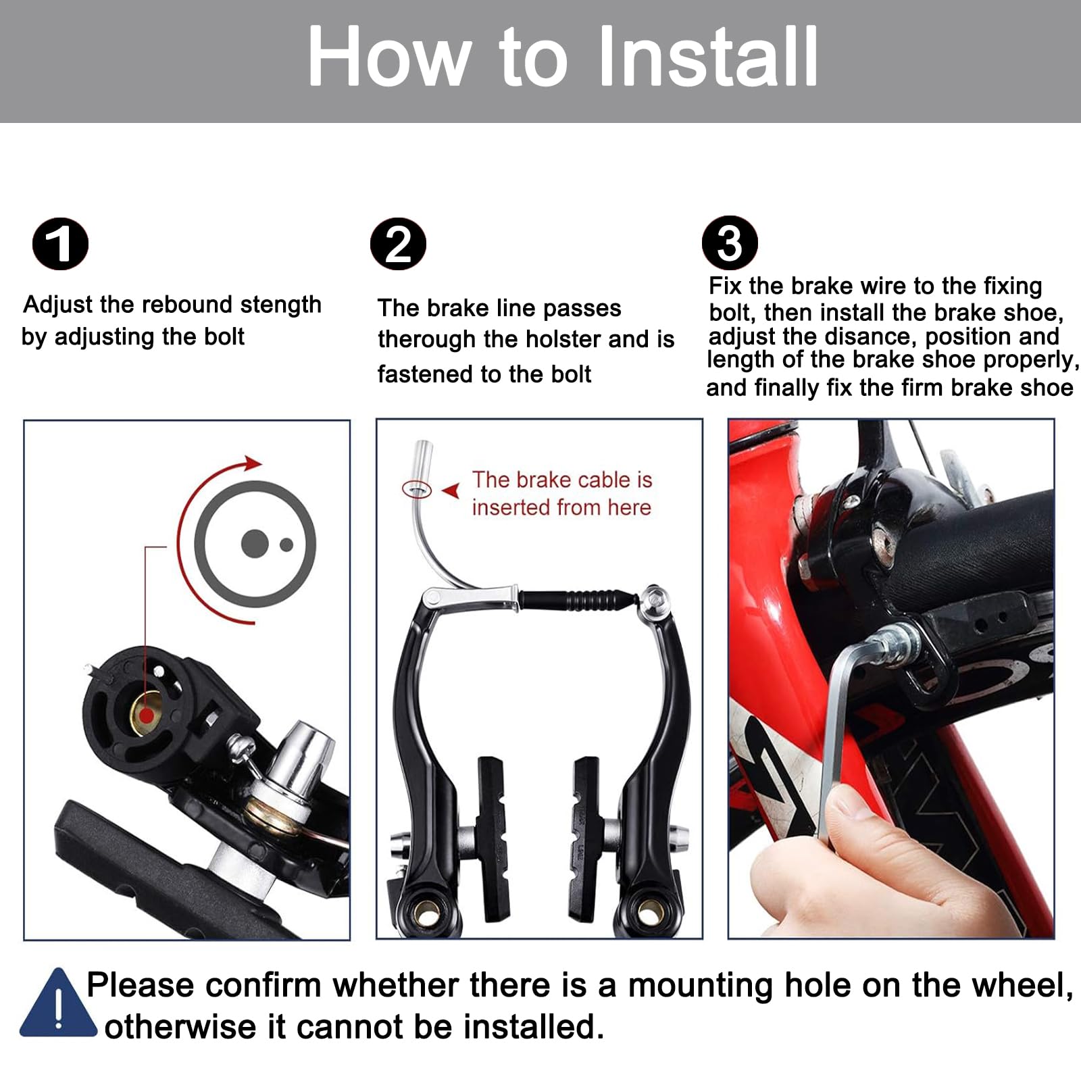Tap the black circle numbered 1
tap(61, 244)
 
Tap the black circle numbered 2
tap(398, 244)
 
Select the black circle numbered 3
tap(730, 243)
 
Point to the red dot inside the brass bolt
tap(144, 715)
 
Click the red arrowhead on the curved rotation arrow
tap(253, 463)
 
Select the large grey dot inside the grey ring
tap(254, 544)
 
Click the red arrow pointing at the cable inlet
tap(451, 491)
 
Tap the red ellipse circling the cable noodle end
tap(417, 488)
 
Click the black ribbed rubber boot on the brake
tap(578, 599)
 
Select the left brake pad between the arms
tap(491, 838)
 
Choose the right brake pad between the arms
tap(584, 838)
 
